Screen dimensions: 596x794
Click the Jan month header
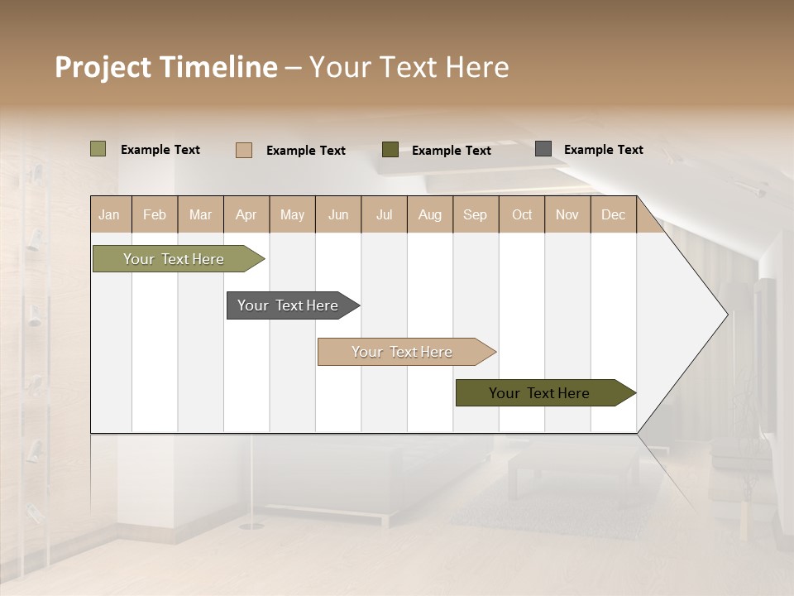coord(110,214)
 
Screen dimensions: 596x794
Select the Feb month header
coord(155,214)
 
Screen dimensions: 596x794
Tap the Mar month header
coord(200,214)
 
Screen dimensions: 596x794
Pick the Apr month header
coord(246,214)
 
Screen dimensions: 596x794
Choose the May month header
coord(292,214)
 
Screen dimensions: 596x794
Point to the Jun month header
coord(338,214)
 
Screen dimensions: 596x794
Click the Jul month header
coord(384,214)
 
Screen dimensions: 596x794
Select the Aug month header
coord(429,214)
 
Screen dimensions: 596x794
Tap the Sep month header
coord(475,214)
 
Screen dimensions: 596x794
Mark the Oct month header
coord(522,214)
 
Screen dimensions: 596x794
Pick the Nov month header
coord(567,214)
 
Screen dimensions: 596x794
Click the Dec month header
coord(613,214)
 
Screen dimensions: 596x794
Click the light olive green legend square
coord(98,149)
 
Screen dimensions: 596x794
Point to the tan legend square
coord(243,150)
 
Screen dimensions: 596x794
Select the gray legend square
coord(543,149)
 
